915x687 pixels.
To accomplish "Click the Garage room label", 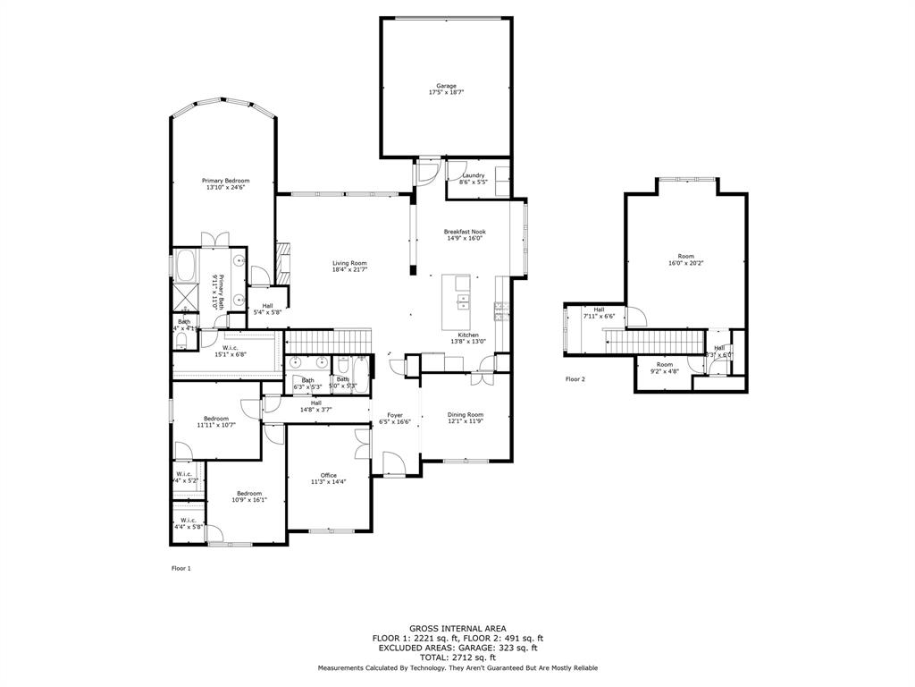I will coord(446,86).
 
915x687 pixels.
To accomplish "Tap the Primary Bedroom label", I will coord(225,181).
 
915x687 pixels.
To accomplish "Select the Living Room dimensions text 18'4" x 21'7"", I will coord(349,269).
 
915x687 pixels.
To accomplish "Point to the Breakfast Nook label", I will coord(465,232).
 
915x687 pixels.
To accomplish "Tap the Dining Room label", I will coord(466,414).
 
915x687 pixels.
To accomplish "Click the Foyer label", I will coord(394,415).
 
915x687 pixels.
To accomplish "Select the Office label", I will coord(329,475).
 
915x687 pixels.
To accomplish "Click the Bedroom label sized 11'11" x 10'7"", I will coord(216,419).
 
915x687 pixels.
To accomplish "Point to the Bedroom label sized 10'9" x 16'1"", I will coord(249,493).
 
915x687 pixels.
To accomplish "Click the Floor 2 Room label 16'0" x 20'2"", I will coord(685,257).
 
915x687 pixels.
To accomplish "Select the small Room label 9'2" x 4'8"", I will coord(664,364).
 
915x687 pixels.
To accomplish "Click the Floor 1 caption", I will coord(180,568).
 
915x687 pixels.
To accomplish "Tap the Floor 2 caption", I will coord(575,379).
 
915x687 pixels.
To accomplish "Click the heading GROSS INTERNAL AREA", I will coord(457,629).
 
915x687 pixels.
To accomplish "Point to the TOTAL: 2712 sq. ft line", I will coord(457,656).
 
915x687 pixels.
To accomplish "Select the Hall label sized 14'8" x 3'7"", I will coord(315,403).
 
